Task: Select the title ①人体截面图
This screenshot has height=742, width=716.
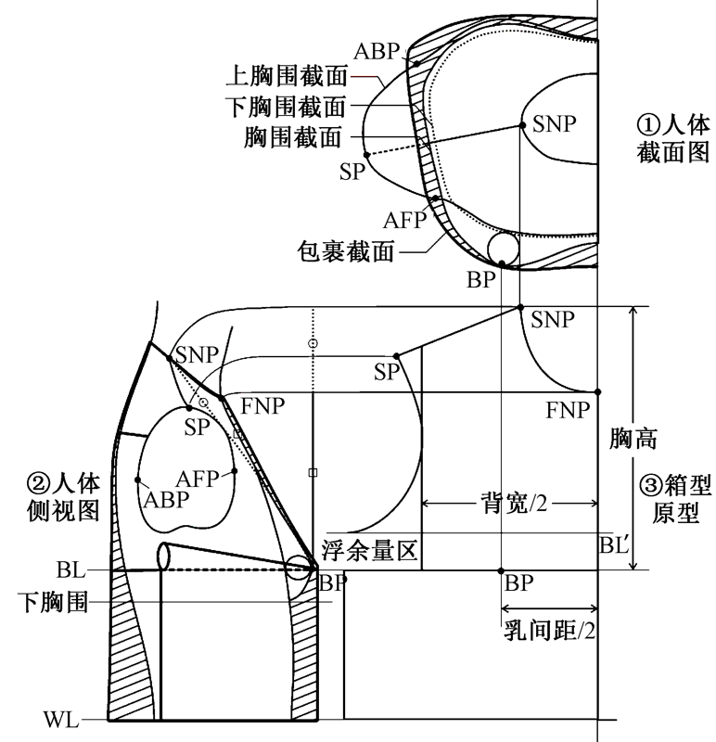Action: tap(671, 138)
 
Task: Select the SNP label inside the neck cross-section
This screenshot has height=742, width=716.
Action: tap(554, 124)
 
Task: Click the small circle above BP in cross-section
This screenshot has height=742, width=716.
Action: tap(503, 248)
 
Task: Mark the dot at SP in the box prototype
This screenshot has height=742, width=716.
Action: tap(396, 356)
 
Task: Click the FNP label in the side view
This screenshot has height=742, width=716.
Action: tap(262, 405)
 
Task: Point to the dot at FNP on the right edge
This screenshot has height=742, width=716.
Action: tap(597, 391)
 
